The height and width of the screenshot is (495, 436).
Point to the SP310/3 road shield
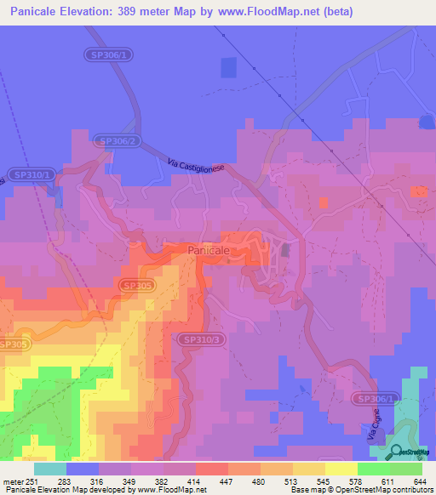tap(203, 339)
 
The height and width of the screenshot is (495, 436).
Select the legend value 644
tap(419, 481)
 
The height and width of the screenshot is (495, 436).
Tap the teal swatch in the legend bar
tap(50, 469)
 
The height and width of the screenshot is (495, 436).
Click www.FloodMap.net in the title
tap(266, 13)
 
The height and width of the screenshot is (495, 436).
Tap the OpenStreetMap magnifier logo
tap(393, 452)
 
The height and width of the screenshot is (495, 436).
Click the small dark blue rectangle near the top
tap(228, 67)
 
